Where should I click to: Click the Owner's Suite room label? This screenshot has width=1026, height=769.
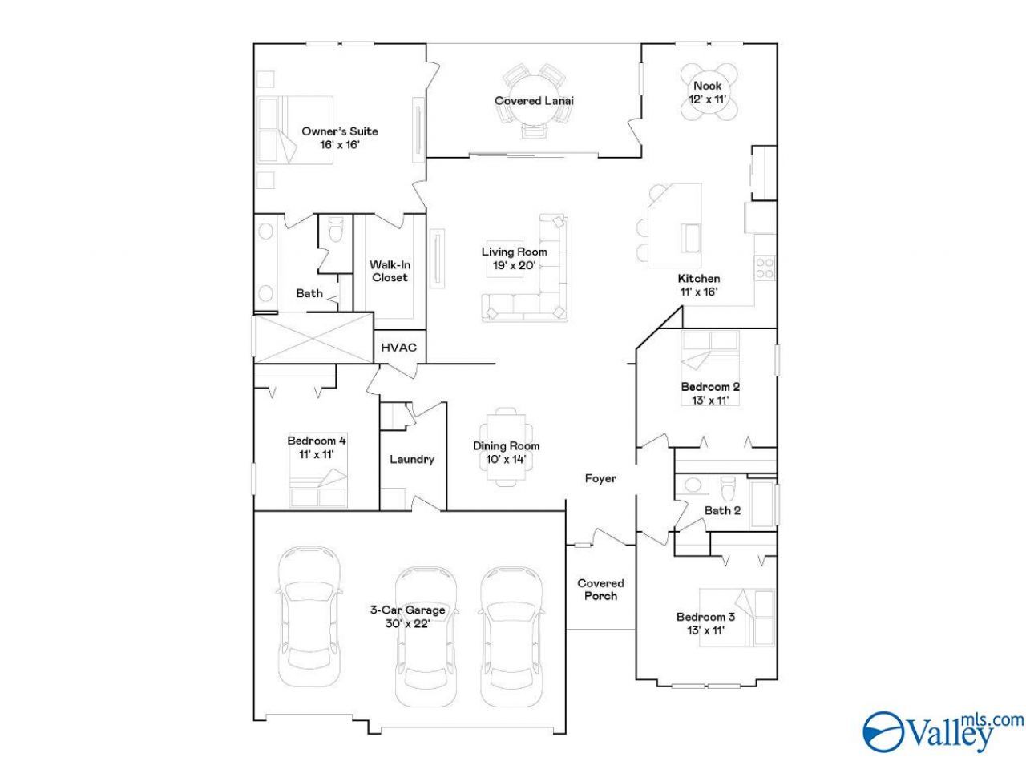(339, 138)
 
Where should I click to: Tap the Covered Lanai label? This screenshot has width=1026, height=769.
(534, 100)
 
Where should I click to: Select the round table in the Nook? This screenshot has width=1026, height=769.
(707, 93)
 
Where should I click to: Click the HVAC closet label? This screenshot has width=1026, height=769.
(398, 348)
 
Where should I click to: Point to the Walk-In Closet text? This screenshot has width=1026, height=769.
(390, 271)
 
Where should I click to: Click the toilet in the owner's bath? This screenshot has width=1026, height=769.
(336, 229)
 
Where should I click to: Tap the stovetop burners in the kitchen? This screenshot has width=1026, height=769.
(764, 268)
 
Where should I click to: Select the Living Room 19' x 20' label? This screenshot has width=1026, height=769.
(514, 259)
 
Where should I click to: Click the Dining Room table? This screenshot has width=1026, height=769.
(506, 447)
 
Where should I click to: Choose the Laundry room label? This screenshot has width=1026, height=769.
(412, 460)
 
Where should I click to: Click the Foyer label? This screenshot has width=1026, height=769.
(600, 478)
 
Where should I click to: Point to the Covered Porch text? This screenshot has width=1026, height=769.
(600, 590)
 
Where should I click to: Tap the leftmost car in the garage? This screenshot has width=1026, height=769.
(309, 616)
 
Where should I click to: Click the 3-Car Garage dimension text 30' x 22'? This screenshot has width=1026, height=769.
(408, 623)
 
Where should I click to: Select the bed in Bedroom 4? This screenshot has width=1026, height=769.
(318, 488)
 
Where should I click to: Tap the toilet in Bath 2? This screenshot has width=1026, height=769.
(728, 488)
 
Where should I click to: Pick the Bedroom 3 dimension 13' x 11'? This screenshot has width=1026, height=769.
(705, 630)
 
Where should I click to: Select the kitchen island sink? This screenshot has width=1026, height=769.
(692, 238)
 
